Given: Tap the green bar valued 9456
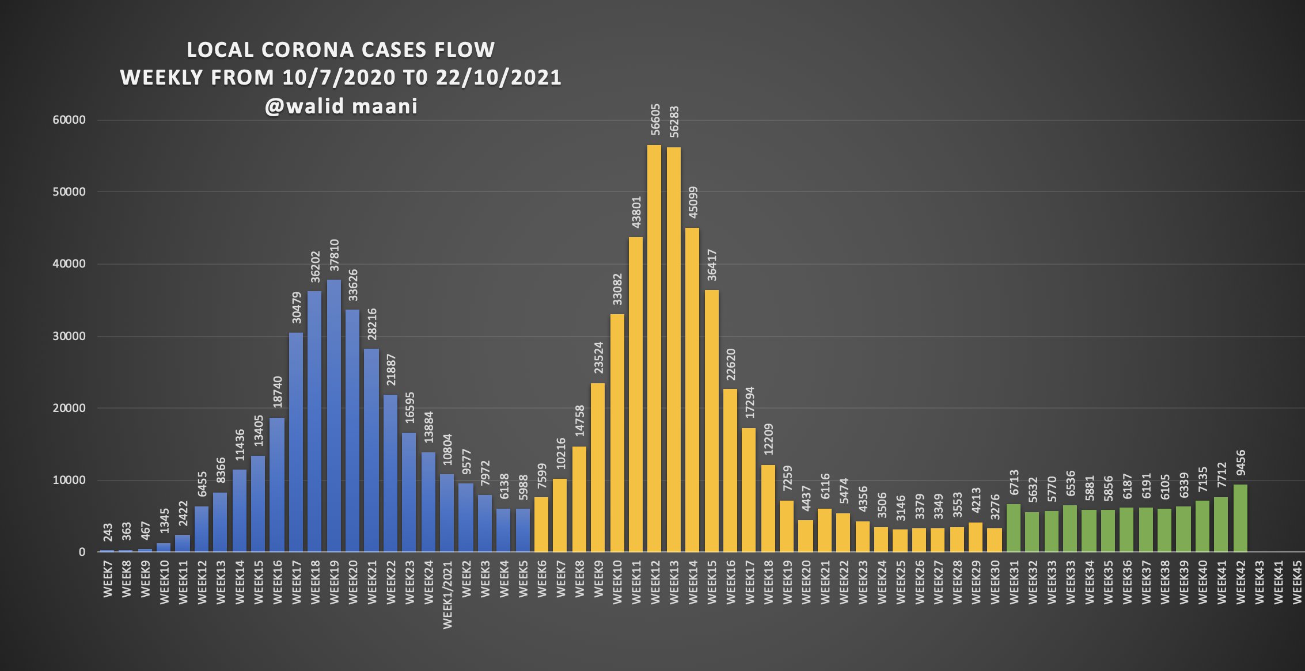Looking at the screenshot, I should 1240,518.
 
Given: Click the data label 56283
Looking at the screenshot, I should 674,122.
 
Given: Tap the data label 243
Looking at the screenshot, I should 108,532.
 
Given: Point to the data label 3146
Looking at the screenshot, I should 901,508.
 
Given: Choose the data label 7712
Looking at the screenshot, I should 1221,475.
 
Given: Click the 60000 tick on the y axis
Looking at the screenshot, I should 69,120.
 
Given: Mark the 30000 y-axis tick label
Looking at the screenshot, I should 69,336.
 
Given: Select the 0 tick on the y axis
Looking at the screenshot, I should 82,552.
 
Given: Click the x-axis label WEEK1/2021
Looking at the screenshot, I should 447,595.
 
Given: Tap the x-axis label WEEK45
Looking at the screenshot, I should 1297,582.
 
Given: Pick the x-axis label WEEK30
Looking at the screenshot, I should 995,582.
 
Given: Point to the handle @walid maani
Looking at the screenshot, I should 341,106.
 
